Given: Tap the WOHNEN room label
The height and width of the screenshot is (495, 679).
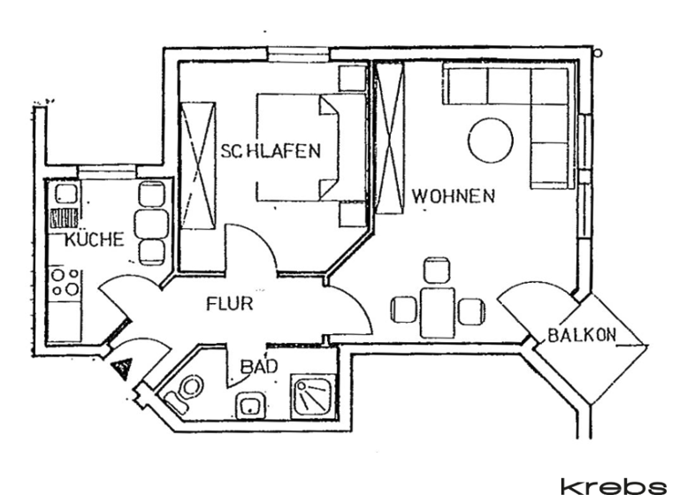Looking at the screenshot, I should pos(452,196).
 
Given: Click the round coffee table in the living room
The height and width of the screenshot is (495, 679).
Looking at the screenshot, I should pos(490,141).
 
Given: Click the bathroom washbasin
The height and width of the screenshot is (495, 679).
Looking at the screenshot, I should pos(249,407).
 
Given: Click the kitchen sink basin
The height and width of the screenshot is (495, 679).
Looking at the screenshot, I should pos(66,194).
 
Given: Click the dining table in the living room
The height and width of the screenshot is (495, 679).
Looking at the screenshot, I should pos(436,309).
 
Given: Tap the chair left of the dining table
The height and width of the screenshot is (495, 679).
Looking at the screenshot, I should pos(403,309).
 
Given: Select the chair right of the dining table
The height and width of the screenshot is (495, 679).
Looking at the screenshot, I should pos(470,309).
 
